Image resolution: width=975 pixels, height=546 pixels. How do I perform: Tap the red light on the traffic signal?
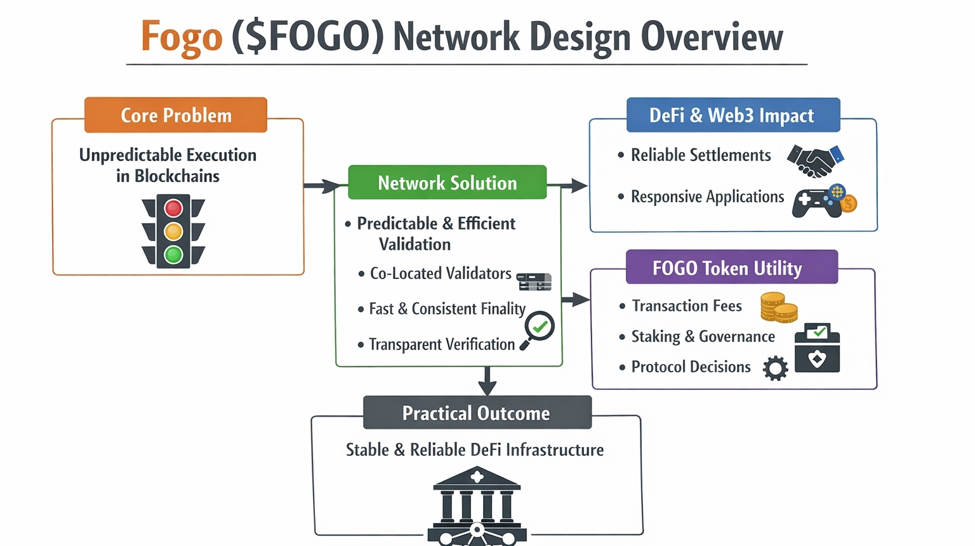tap(173, 208)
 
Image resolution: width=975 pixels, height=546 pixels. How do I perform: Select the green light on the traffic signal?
tap(173, 255)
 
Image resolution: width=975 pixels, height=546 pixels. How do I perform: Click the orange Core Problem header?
tap(176, 115)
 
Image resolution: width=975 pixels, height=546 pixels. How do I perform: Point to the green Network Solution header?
tap(448, 183)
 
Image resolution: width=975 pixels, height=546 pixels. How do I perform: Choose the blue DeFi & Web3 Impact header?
tap(733, 115)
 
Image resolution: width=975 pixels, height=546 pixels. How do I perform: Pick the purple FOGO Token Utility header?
tap(732, 267)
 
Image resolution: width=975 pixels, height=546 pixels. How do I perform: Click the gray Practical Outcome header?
tap(477, 413)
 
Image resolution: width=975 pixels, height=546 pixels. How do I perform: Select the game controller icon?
tap(825, 201)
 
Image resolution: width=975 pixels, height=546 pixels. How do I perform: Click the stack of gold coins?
tap(779, 308)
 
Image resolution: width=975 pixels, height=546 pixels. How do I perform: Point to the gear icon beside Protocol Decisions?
tap(775, 368)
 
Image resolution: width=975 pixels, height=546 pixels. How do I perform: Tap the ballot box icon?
tap(817, 348)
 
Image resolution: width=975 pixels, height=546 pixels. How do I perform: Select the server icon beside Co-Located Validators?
tap(534, 282)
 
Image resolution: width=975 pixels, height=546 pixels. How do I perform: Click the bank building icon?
tap(477, 506)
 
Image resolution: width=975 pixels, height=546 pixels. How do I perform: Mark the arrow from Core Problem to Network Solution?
tap(322, 186)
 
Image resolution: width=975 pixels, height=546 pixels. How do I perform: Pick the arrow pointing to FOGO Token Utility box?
tap(576, 299)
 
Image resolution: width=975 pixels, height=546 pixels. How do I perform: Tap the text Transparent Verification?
tap(442, 344)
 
